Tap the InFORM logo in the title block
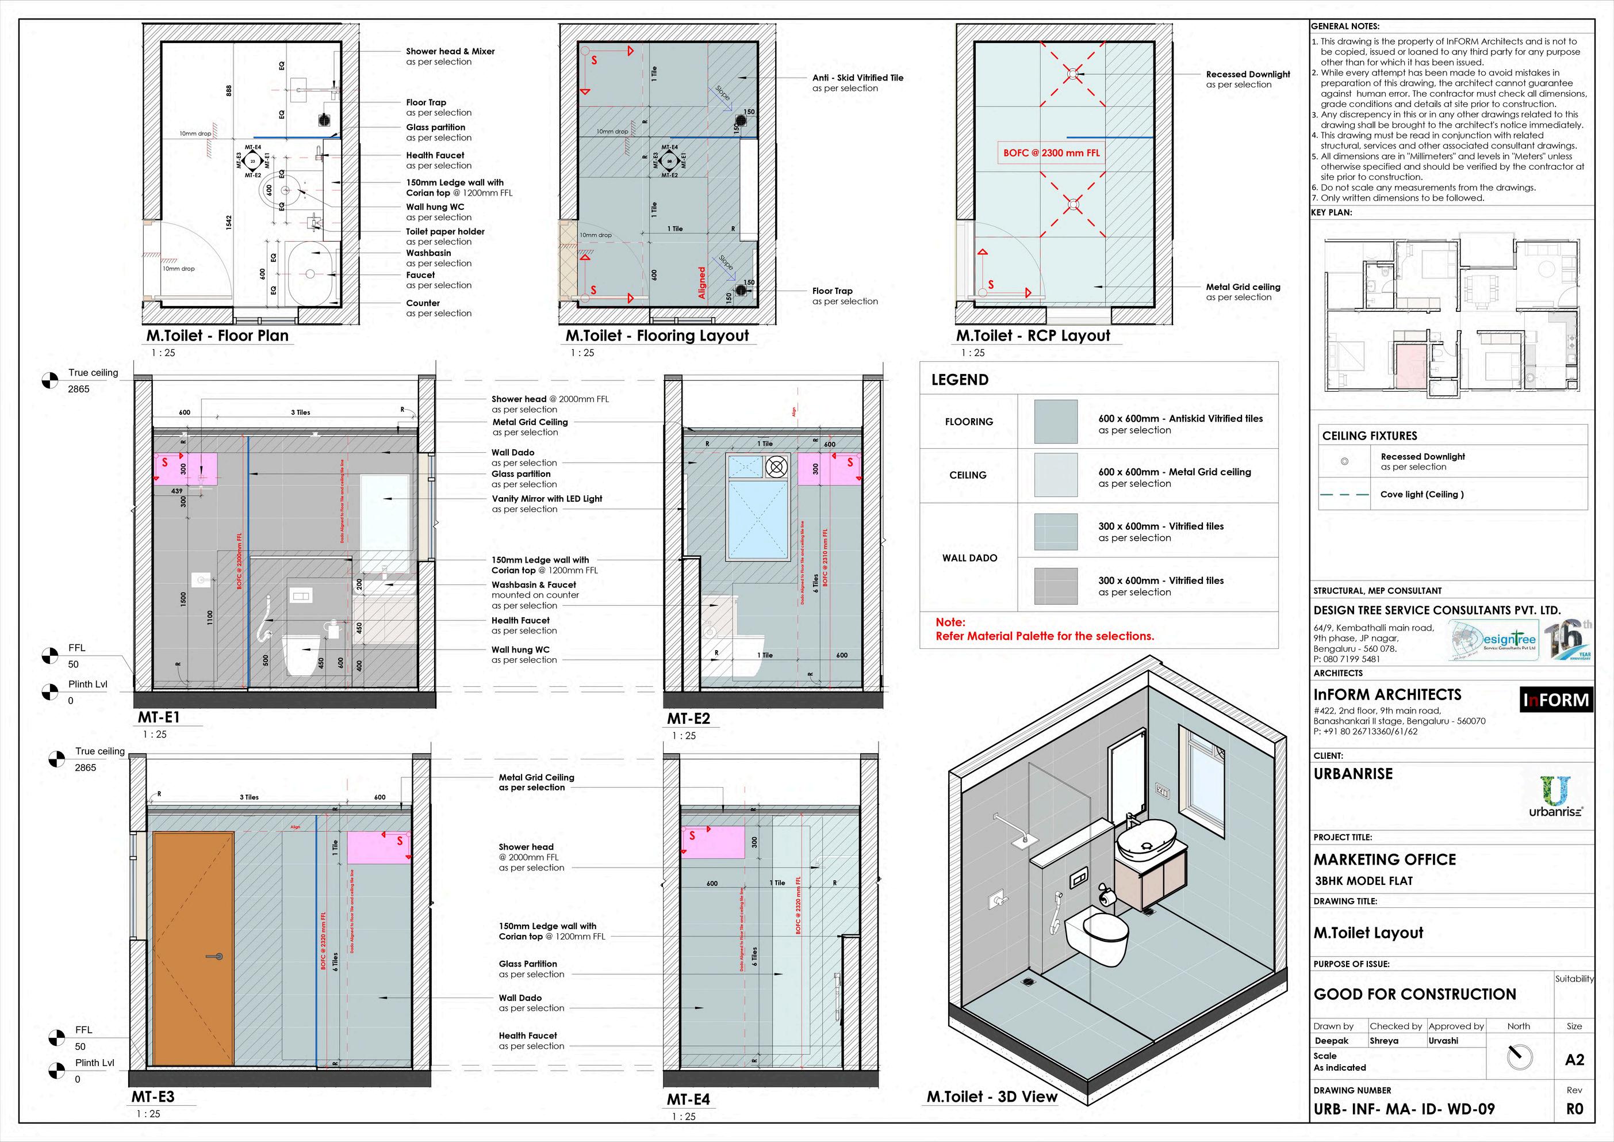(1556, 700)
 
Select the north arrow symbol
(1519, 1056)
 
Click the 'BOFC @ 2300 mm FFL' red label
(1051, 152)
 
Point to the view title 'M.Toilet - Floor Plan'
(217, 336)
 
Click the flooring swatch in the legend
(1055, 421)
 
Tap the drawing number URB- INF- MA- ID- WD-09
(1404, 1109)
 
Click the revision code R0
(1575, 1109)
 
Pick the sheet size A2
(1575, 1060)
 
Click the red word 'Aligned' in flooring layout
(701, 282)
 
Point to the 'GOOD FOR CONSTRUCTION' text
(1414, 994)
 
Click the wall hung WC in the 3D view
(1097, 933)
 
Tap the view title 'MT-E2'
(688, 719)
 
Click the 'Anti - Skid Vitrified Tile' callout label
(858, 78)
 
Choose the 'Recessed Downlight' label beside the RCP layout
(1248, 75)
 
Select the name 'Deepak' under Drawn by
(1332, 1041)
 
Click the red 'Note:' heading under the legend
(950, 622)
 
